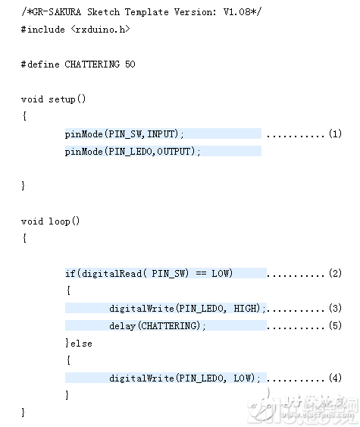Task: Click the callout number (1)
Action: tap(335, 133)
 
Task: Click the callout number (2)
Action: tap(335, 273)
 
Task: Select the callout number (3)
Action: tap(335, 308)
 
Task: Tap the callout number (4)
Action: tap(335, 378)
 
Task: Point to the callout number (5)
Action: tap(335, 325)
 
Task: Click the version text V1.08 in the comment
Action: tap(236, 12)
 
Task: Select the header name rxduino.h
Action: tap(100, 30)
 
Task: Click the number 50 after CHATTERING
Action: tap(130, 64)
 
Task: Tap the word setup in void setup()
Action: tap(62, 99)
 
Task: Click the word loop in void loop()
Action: tap(59, 221)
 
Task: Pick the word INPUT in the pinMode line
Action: tap(161, 134)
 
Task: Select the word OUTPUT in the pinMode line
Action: tap(174, 152)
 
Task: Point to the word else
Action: tap(81, 344)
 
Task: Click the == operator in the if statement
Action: tap(201, 273)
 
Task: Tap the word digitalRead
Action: tap(111, 274)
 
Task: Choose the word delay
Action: tap(122, 326)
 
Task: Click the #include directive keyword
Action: tap(43, 30)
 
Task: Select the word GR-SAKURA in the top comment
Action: tap(57, 12)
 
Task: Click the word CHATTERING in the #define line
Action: tap(92, 64)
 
